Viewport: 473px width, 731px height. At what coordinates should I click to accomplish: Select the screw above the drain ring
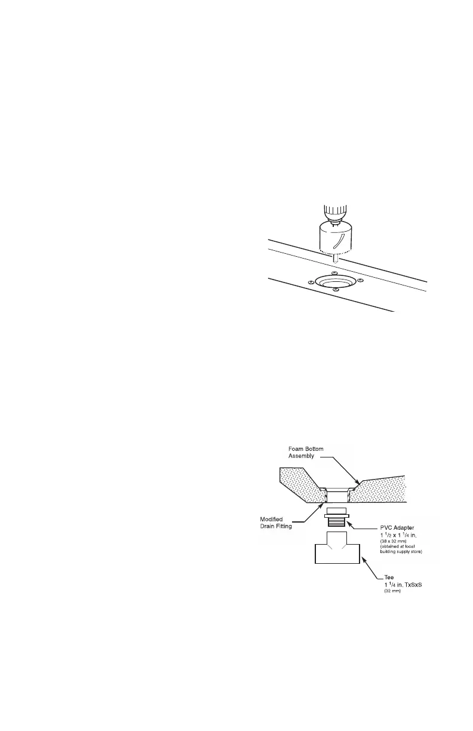[334, 272]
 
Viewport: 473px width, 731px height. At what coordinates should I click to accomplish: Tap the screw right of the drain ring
[360, 280]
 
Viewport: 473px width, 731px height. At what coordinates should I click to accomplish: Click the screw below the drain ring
[336, 290]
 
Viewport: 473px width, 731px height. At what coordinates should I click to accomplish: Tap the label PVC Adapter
[397, 527]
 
